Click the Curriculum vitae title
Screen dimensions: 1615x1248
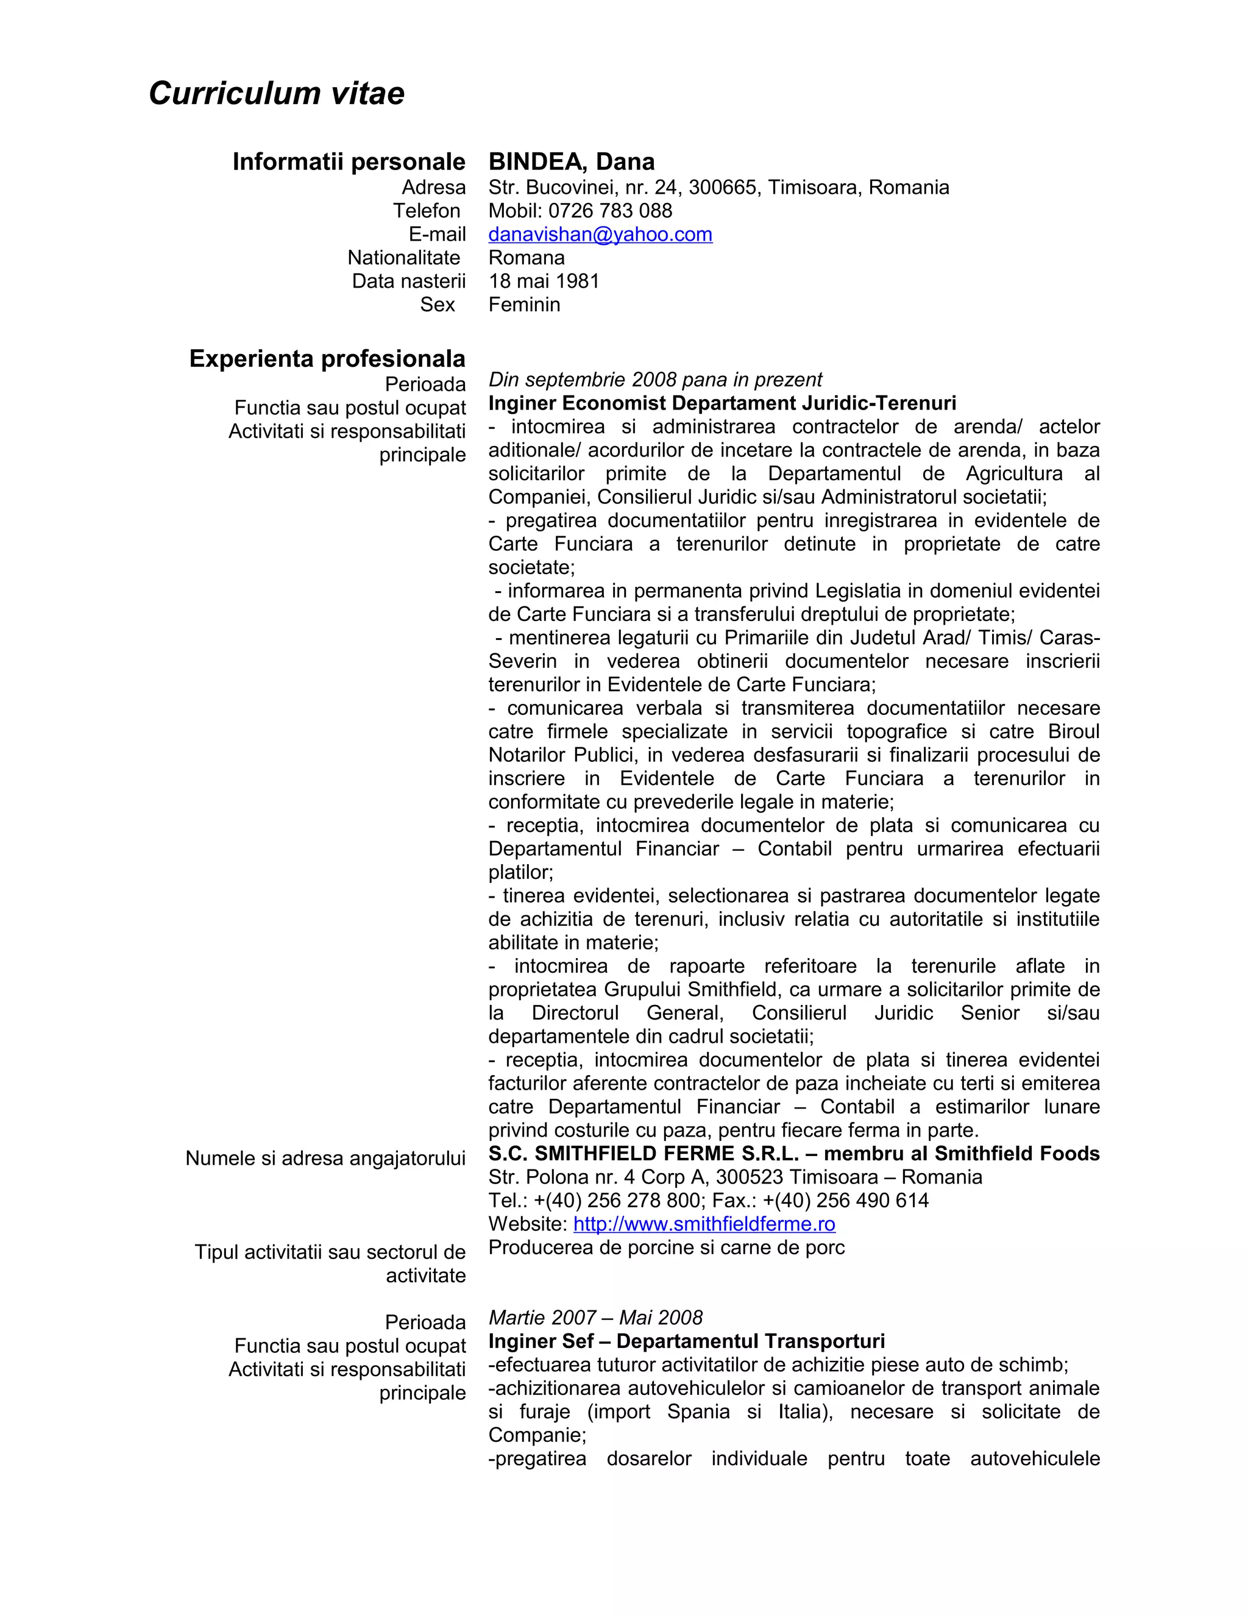point(277,94)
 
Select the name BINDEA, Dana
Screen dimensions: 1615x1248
point(572,161)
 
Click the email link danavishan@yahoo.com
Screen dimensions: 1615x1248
point(600,235)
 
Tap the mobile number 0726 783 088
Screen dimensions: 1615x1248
point(610,211)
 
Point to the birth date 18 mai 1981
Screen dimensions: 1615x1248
point(544,281)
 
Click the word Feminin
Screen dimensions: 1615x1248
point(524,305)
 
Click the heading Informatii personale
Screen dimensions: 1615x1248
point(349,161)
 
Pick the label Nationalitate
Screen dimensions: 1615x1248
point(403,258)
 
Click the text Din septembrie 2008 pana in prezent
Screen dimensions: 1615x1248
point(654,380)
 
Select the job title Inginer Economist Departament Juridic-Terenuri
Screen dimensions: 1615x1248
point(721,403)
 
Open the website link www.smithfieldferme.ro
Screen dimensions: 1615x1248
point(704,1224)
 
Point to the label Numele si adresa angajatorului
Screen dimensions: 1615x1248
point(325,1158)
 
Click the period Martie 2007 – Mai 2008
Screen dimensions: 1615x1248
point(595,1318)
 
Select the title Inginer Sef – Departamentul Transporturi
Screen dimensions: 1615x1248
point(686,1341)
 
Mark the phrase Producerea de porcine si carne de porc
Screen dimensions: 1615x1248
point(666,1248)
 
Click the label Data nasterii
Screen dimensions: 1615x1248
point(408,281)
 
